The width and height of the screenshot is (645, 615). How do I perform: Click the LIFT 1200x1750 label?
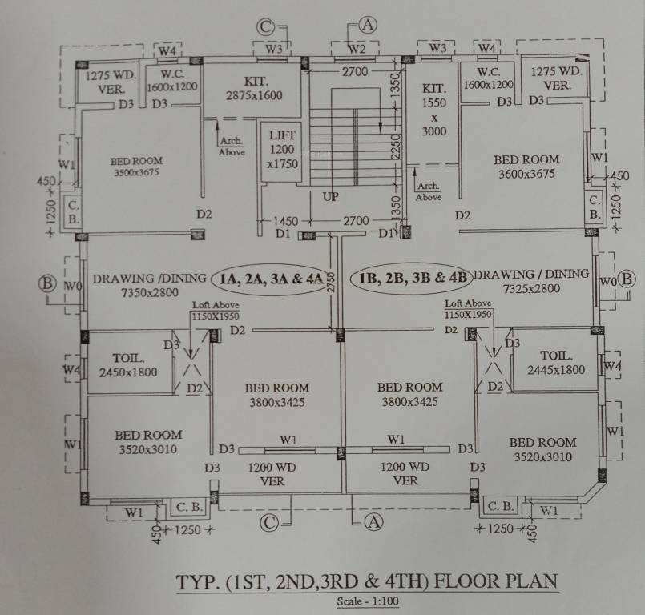pyautogui.click(x=283, y=149)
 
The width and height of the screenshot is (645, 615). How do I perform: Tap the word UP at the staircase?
pyautogui.click(x=329, y=196)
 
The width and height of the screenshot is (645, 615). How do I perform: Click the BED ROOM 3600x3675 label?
pyautogui.click(x=526, y=166)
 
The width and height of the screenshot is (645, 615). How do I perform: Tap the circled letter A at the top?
pyautogui.click(x=367, y=25)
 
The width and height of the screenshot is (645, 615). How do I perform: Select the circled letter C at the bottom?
pyautogui.click(x=268, y=524)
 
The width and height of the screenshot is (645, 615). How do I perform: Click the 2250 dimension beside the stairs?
pyautogui.click(x=395, y=147)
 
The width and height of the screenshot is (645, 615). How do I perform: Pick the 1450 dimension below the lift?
pyautogui.click(x=286, y=219)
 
